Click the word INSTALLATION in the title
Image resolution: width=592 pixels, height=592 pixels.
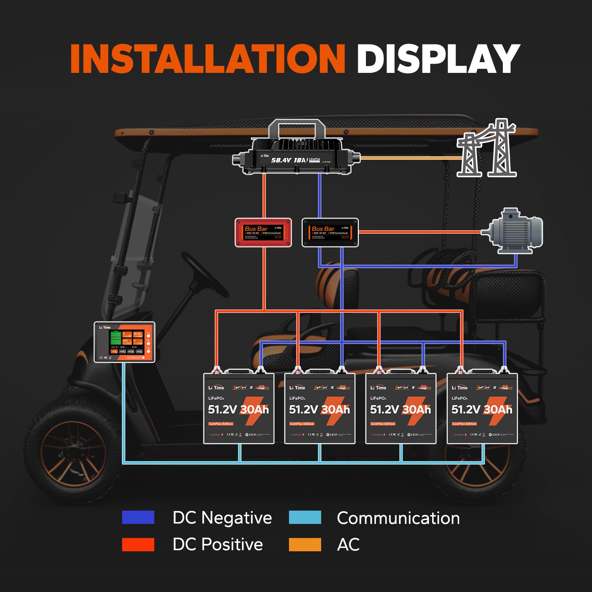pyautogui.click(x=207, y=59)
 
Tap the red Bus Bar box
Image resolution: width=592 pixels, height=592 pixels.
pyautogui.click(x=263, y=232)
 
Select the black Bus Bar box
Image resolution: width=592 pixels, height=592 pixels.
pyautogui.click(x=330, y=232)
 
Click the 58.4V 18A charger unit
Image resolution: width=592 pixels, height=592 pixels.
pyautogui.click(x=296, y=157)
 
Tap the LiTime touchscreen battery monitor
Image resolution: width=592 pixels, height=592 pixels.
pyautogui.click(x=124, y=342)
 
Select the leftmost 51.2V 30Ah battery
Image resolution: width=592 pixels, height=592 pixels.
pyautogui.click(x=239, y=409)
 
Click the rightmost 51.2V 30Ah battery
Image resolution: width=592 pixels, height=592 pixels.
pyautogui.click(x=482, y=409)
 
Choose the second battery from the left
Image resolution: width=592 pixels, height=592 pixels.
pyautogui.click(x=320, y=409)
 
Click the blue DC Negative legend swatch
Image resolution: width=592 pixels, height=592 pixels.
pyautogui.click(x=138, y=517)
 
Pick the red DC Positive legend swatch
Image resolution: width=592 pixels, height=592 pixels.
pyautogui.click(x=138, y=544)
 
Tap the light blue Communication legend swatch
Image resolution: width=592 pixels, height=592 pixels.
pyautogui.click(x=305, y=517)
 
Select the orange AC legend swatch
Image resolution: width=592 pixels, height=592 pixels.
pyautogui.click(x=305, y=544)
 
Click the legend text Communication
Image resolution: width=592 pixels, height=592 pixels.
pyautogui.click(x=398, y=518)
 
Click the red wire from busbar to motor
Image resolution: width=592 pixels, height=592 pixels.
pyautogui.click(x=418, y=232)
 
